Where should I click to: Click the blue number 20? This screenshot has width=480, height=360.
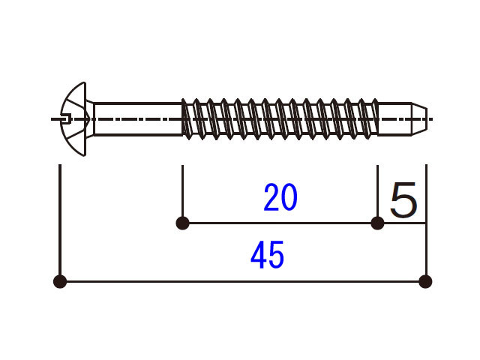click(280, 198)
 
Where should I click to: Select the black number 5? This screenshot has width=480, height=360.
click(403, 199)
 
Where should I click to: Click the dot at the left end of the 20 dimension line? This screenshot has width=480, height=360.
click(181, 223)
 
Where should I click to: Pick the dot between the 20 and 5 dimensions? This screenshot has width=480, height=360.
click(377, 223)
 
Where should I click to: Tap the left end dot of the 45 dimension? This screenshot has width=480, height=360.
click(60, 282)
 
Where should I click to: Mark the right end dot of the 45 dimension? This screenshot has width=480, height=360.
click(425, 282)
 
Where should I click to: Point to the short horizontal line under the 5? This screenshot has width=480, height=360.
click(402, 223)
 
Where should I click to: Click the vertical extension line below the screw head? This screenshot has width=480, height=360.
click(60, 217)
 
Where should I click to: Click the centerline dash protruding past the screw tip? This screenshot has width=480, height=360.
click(431, 118)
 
